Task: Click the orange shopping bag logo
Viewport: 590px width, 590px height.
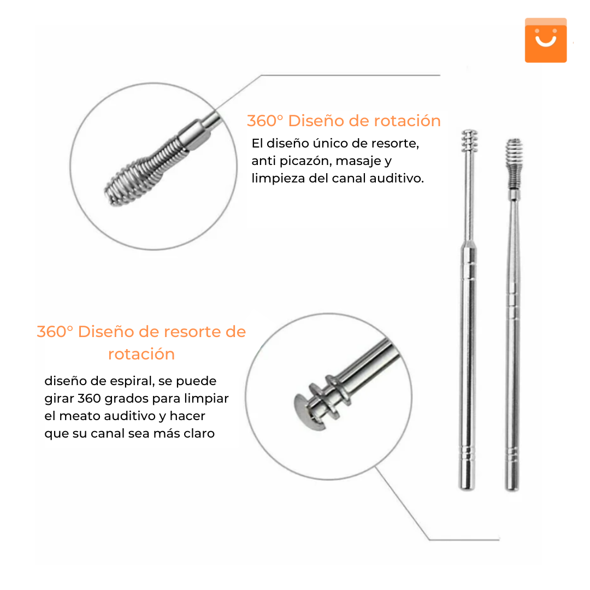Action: tap(546, 40)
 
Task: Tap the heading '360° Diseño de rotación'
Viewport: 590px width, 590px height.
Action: tap(344, 121)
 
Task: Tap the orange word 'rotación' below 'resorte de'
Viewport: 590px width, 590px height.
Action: tap(141, 354)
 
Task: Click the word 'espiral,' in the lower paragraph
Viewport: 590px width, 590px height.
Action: tap(132, 381)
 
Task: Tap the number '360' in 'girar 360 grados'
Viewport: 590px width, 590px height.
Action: tap(89, 398)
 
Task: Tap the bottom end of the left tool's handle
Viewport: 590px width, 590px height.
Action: tap(467, 488)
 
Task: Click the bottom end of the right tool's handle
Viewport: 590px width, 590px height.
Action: tap(512, 488)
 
